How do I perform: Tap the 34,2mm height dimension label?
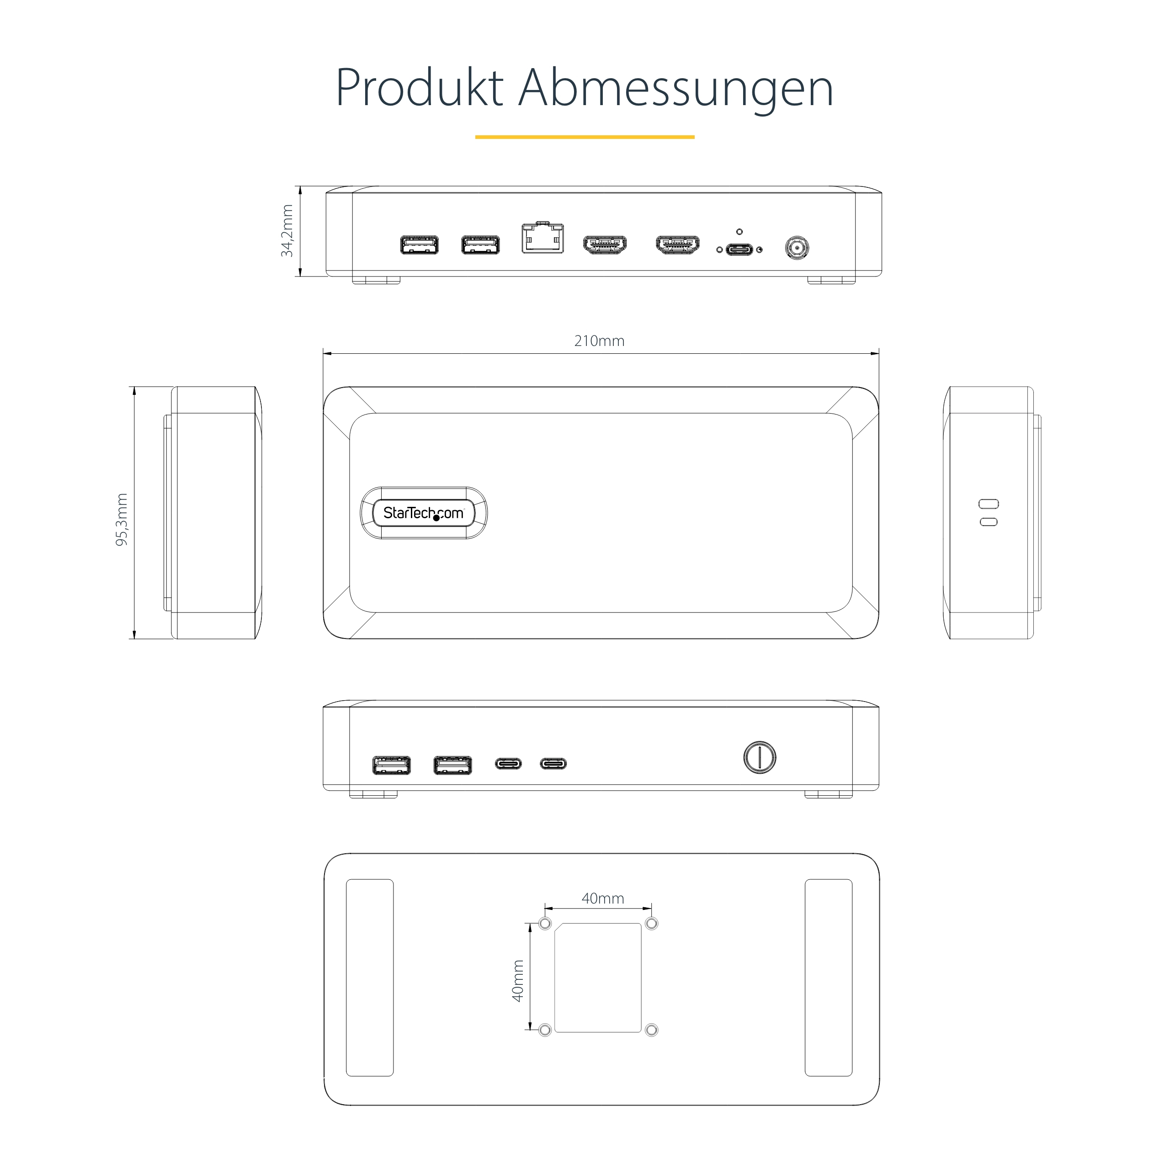click(287, 231)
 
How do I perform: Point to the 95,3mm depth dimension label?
click(122, 520)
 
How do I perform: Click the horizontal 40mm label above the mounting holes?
click(602, 898)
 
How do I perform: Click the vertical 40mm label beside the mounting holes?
click(518, 980)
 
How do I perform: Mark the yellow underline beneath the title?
click(585, 137)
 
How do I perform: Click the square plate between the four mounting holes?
click(598, 978)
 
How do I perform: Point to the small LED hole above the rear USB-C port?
click(739, 231)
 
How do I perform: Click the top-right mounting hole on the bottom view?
click(652, 924)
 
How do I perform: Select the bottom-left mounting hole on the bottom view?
click(545, 1030)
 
